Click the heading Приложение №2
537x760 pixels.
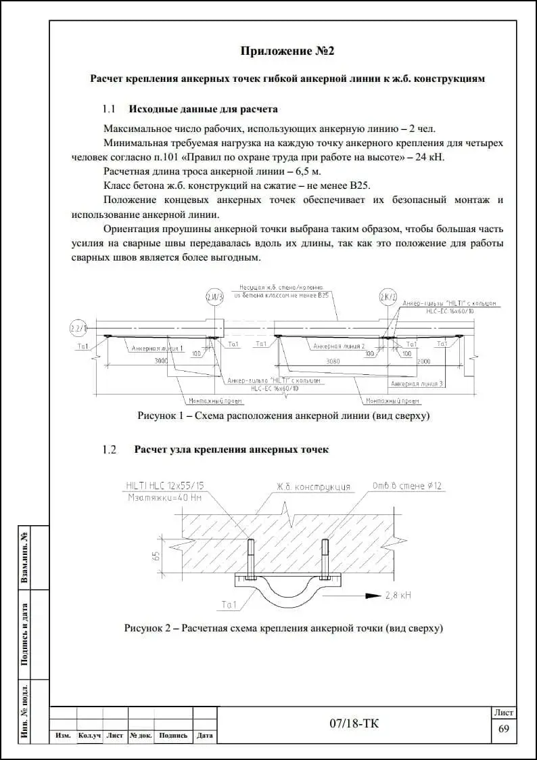288,51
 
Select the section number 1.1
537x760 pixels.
109,109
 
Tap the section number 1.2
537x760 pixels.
109,449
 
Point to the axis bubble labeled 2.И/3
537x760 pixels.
214,297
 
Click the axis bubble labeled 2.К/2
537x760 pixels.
388,297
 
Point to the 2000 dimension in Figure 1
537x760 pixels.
423,361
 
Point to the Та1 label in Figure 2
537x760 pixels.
229,604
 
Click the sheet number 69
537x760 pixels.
503,729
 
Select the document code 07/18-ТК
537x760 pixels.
354,724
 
